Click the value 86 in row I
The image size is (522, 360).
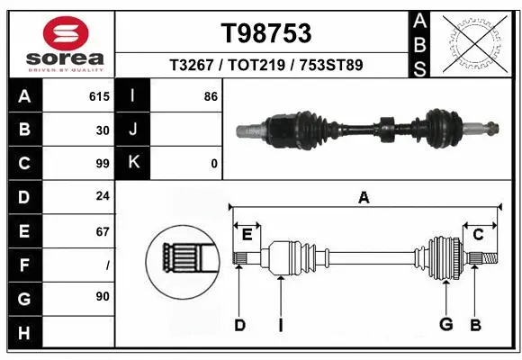[x=211, y=96]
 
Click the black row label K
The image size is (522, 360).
[x=133, y=164]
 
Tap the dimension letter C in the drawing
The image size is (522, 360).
[x=478, y=235]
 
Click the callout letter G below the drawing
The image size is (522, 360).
[x=445, y=325]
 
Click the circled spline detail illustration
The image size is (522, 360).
[x=183, y=261]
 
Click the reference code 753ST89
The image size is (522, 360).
[x=332, y=66]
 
